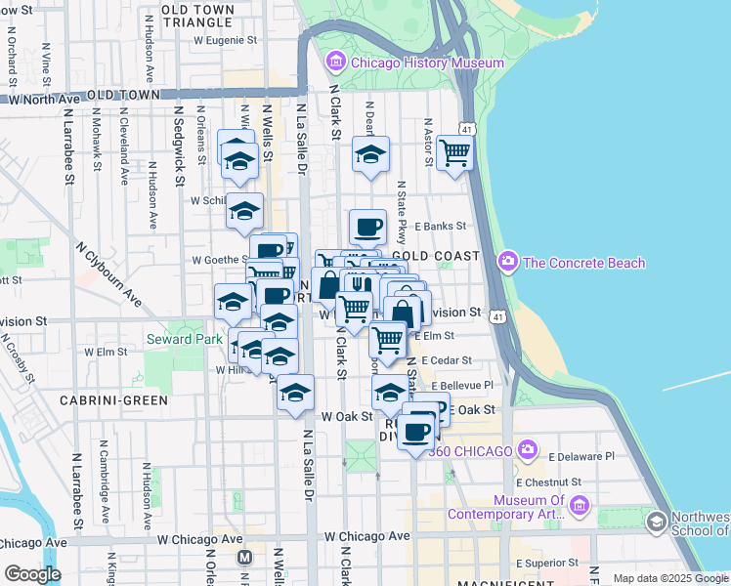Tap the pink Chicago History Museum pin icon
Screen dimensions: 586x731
tap(336, 63)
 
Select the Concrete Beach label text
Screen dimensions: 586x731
tap(584, 262)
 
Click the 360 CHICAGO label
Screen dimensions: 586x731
tap(470, 450)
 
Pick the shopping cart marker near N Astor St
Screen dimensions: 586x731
tap(454, 152)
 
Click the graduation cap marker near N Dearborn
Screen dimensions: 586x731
tap(370, 154)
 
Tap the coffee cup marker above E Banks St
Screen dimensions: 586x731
tap(367, 228)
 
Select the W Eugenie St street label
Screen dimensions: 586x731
tap(225, 41)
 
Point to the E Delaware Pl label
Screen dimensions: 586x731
tap(581, 456)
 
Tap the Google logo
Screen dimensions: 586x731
tap(32, 574)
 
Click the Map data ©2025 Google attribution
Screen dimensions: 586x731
tap(670, 578)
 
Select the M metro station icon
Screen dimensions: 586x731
tap(244, 557)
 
